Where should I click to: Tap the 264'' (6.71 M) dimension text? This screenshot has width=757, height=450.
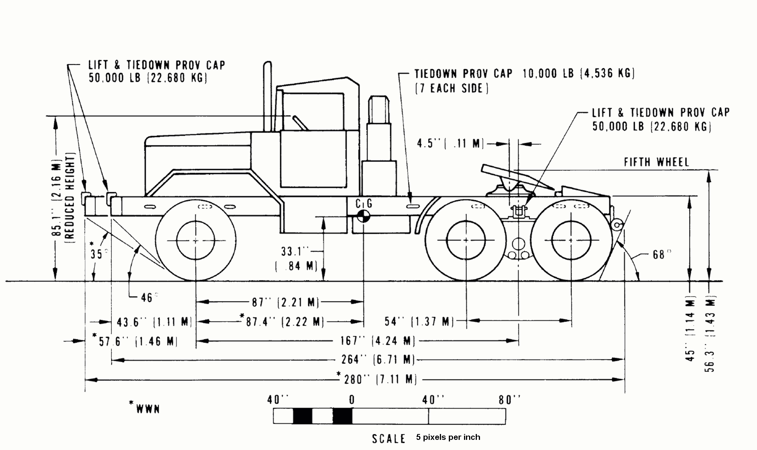point(378,359)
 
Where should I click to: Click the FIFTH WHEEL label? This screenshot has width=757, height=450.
point(656,162)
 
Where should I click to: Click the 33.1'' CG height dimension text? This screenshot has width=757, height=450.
point(295,252)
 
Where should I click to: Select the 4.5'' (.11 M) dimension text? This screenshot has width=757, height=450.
point(450,144)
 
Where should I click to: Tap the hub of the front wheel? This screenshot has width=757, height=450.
point(195,241)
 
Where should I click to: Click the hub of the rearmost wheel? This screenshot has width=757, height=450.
point(571,241)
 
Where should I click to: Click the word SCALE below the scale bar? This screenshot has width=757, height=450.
point(388,439)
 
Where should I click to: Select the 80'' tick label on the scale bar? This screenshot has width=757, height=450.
point(509,400)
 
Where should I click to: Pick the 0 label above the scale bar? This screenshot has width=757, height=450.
point(351,400)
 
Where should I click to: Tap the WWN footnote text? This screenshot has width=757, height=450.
point(147,409)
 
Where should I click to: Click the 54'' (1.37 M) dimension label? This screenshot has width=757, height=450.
point(419,321)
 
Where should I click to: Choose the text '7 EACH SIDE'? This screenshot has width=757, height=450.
point(452,88)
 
